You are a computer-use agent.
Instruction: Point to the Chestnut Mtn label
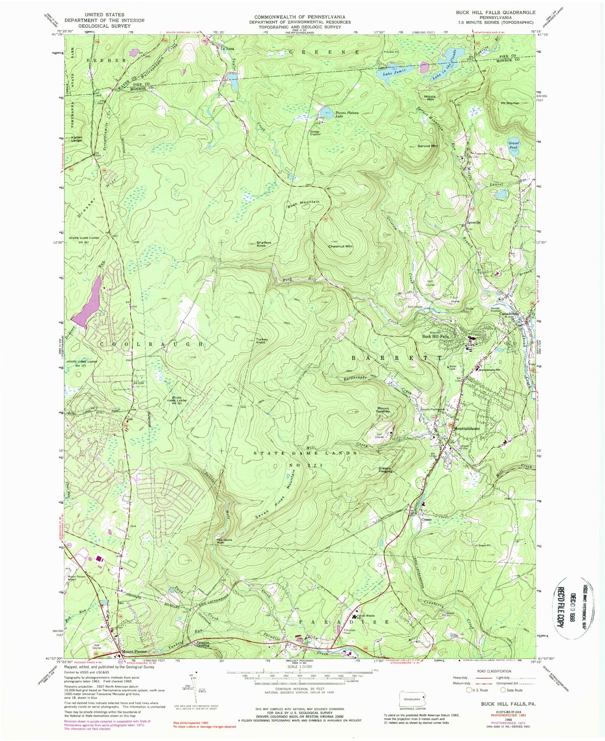pos(340,246)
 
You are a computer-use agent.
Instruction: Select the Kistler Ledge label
pos(77,139)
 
